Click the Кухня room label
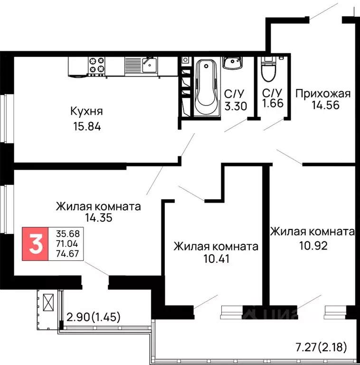86,112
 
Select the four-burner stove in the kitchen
97,66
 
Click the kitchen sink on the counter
149,64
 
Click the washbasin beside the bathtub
233,63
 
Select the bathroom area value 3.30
236,106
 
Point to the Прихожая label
323,93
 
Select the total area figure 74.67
68,253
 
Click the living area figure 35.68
68,233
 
